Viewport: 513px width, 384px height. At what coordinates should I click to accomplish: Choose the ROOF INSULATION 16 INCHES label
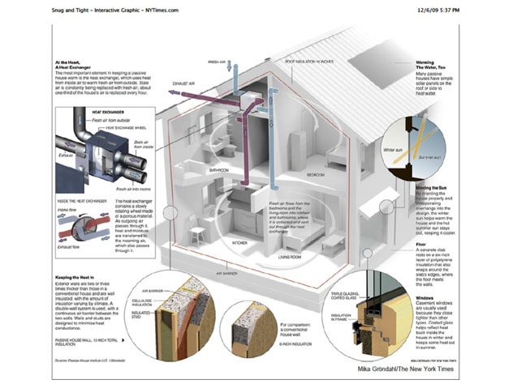pyautogui.click(x=308, y=62)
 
